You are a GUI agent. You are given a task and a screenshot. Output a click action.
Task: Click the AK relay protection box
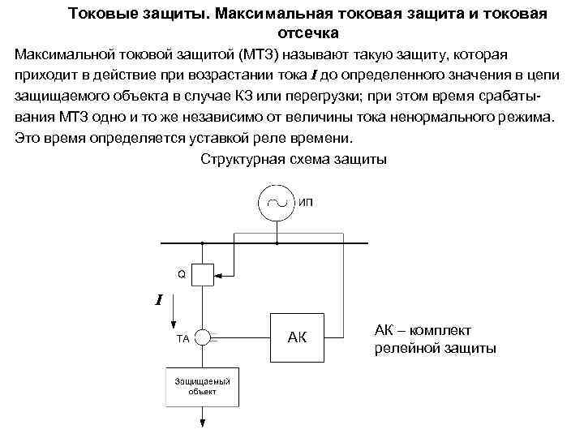coord(296,337)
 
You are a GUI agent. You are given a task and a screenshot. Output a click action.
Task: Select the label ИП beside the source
coord(307,201)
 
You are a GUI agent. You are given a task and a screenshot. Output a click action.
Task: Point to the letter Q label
coord(182,274)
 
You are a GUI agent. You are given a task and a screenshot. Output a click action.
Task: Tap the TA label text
coord(182,339)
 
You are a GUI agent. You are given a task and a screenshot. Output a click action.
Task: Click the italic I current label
coord(159,301)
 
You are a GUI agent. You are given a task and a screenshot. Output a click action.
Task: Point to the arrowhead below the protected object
coord(204,423)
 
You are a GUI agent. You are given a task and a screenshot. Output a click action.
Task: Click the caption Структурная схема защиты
coord(294,158)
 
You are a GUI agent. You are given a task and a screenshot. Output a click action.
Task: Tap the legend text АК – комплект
coord(423,330)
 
